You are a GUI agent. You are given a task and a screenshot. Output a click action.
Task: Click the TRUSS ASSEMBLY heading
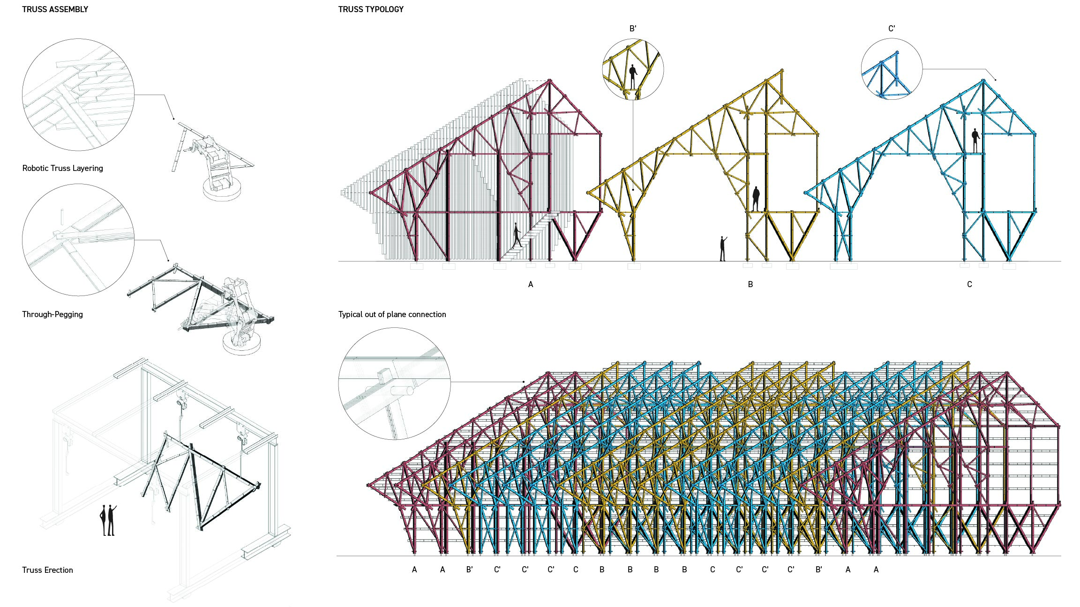(x=55, y=9)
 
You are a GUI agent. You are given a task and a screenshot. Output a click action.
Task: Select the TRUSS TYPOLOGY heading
(x=371, y=9)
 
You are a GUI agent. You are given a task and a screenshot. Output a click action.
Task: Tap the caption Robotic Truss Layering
(x=62, y=168)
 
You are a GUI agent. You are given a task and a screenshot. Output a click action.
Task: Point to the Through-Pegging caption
(x=52, y=314)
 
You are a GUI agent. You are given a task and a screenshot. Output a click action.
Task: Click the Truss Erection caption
(x=47, y=570)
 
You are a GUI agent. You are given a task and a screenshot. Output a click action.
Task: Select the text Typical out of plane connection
(x=392, y=314)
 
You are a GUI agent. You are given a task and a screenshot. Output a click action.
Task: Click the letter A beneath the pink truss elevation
(x=531, y=284)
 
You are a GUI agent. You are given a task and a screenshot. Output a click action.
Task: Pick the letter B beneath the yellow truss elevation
(x=750, y=284)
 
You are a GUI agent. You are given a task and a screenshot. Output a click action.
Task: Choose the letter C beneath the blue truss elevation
(x=969, y=284)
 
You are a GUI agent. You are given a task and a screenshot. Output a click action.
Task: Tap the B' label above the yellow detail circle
(x=633, y=29)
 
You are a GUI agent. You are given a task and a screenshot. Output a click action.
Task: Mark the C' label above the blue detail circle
(x=892, y=29)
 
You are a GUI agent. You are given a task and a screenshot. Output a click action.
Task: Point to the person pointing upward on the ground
(x=723, y=249)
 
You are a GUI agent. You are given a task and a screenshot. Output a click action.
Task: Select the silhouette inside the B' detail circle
(x=633, y=76)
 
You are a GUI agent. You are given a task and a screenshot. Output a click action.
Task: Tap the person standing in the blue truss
(x=975, y=140)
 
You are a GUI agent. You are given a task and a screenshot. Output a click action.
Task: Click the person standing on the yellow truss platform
(x=756, y=199)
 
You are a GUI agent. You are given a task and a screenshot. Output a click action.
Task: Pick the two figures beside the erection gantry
(x=108, y=520)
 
